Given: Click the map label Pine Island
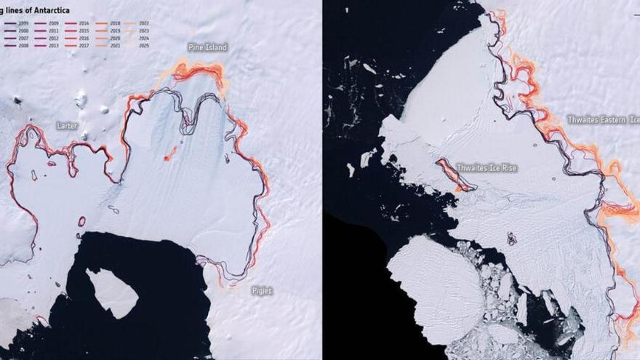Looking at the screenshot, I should [207, 47].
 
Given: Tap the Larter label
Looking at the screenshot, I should [67, 126].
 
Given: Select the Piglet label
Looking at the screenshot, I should [262, 291].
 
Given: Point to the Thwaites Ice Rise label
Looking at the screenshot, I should [487, 168].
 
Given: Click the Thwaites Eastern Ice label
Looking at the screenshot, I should [603, 119].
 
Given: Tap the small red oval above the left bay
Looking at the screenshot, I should [81, 221].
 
